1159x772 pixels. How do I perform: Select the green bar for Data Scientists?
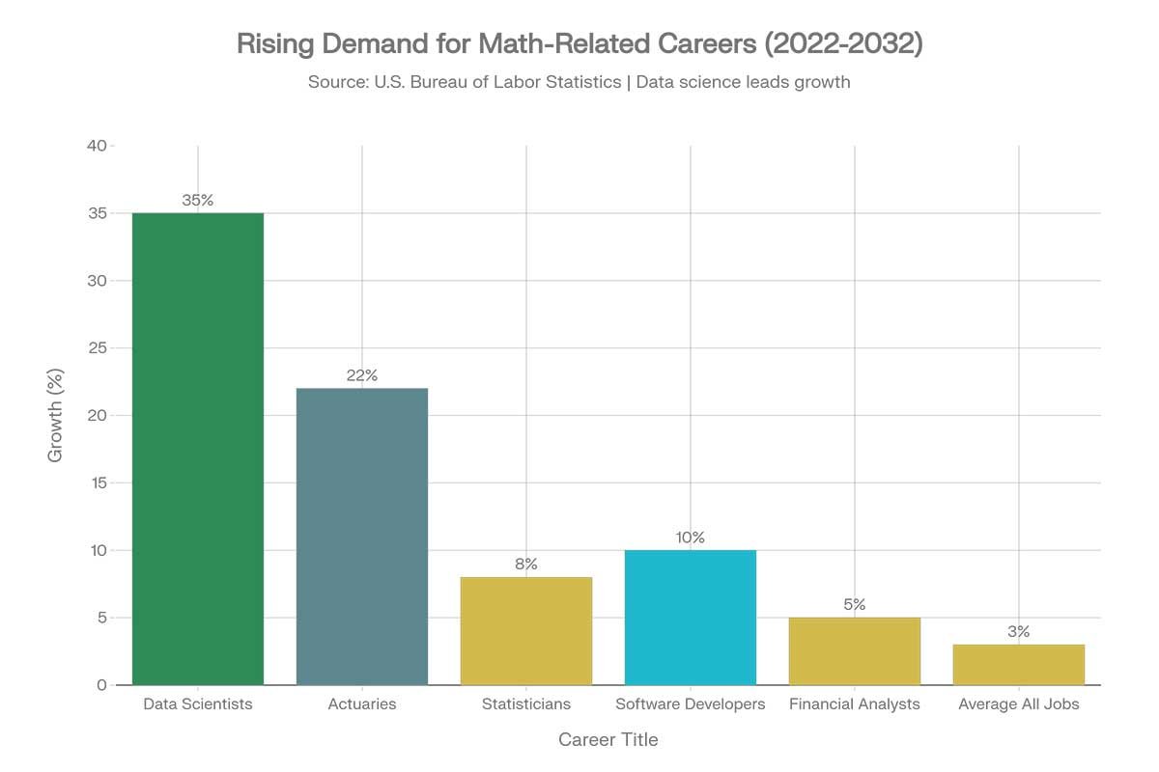(x=198, y=449)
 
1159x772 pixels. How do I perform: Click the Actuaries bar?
(x=362, y=537)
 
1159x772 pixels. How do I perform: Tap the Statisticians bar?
(x=526, y=631)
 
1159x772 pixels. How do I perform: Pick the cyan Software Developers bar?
(x=691, y=618)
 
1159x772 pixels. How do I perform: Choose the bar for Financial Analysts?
(x=855, y=651)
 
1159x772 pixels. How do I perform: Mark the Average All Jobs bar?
(x=1019, y=665)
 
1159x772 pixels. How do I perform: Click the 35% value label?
(x=198, y=201)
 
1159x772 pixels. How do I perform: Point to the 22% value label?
(x=362, y=375)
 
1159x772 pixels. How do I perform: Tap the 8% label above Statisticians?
(x=526, y=565)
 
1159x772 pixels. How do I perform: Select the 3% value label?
(x=1019, y=632)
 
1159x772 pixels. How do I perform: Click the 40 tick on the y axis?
(x=97, y=146)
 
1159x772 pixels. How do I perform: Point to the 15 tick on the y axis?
(x=97, y=482)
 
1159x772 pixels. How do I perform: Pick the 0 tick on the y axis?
(x=101, y=685)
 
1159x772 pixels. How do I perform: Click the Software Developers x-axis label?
(x=691, y=704)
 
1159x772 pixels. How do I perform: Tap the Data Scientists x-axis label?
(x=198, y=704)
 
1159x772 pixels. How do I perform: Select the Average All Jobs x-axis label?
(x=1019, y=704)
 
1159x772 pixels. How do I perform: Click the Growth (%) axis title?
(x=55, y=415)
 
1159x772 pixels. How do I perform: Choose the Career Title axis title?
(x=608, y=740)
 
